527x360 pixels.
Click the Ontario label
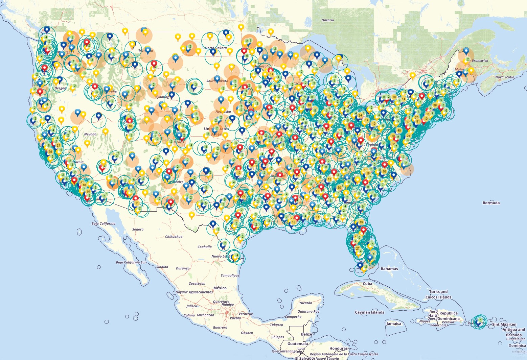pos(327,20)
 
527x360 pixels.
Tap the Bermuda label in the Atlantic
pos(491,203)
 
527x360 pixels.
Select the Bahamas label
pos(389,269)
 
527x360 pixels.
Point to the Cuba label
pos(367,284)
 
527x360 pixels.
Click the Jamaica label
pos(394,323)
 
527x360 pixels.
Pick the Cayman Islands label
pos(369,312)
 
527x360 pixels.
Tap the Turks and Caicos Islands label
pos(438,294)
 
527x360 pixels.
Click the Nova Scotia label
pos(505,77)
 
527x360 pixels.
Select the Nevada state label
pos(90,134)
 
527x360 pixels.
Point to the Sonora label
pos(138,229)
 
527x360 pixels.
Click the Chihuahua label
pos(174,237)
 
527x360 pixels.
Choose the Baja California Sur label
pos(131,262)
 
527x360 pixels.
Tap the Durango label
pos(183,268)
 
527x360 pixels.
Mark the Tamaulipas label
pos(230,275)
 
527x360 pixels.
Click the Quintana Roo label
pos(308,311)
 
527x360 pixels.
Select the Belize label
pos(306,334)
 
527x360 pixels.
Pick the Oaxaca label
pos(247,333)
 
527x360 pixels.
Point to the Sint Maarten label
pos(504,325)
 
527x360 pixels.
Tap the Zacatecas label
pos(197,284)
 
